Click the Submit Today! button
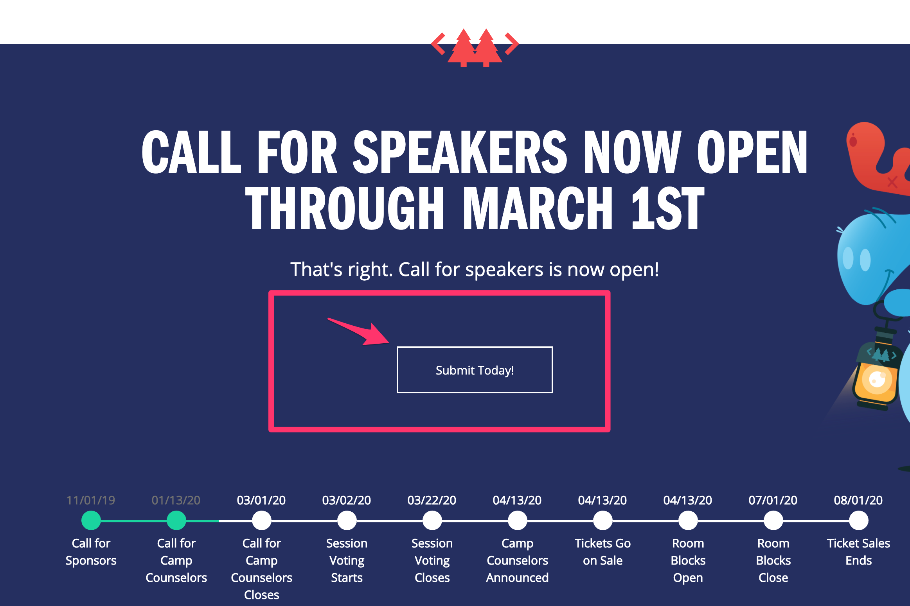coord(475,369)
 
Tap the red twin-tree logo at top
coord(475,47)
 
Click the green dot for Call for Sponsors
coord(91,520)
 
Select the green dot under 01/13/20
coord(176,520)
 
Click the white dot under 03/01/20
coord(262,520)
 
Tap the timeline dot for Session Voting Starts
coord(347,520)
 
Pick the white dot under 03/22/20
coord(432,520)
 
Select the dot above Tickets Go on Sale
coord(603,520)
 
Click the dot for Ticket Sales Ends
coord(859,520)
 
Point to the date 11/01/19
coord(91,500)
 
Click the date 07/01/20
coord(773,500)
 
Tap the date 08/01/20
coord(858,500)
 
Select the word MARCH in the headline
coord(538,208)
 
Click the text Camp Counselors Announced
coord(517,560)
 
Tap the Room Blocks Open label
coord(688,560)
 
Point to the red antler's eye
coord(853,141)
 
